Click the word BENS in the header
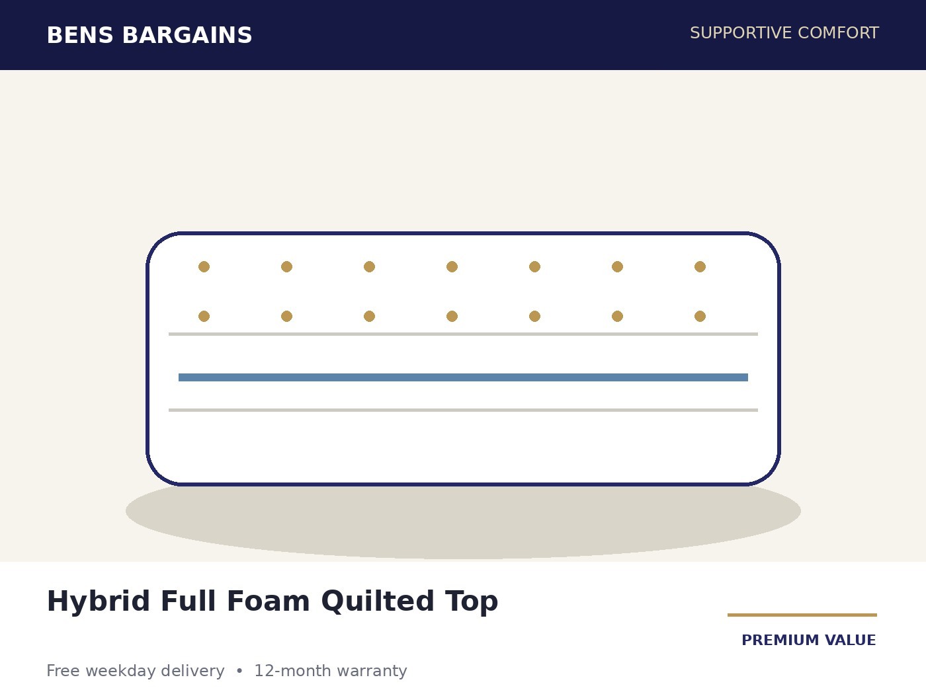click(x=80, y=36)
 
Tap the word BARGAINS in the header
click(x=187, y=36)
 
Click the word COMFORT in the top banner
click(x=838, y=33)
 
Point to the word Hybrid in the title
click(x=99, y=601)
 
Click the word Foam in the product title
click(x=269, y=601)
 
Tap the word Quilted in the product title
click(x=378, y=601)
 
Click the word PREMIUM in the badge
click(x=780, y=640)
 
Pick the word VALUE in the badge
click(x=851, y=640)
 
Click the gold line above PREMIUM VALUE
click(x=802, y=615)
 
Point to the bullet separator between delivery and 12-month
click(x=239, y=671)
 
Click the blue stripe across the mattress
click(x=463, y=377)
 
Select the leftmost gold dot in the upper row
click(x=204, y=267)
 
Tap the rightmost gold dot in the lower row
click(x=700, y=316)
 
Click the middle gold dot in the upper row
click(x=452, y=267)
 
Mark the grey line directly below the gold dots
click(x=463, y=334)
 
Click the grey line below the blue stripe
click(x=463, y=410)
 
